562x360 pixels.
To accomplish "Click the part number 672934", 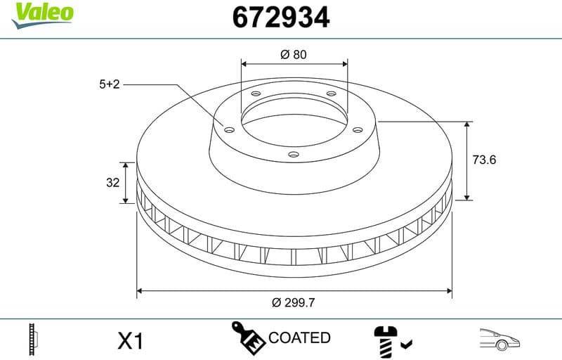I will click(280, 17).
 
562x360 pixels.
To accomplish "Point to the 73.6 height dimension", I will click(484, 160).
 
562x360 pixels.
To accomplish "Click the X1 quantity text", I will click(130, 342).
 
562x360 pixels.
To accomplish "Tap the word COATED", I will click(299, 338).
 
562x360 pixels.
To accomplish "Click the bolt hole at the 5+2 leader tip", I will click(229, 129).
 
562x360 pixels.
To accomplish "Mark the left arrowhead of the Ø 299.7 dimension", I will click(140, 290).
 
